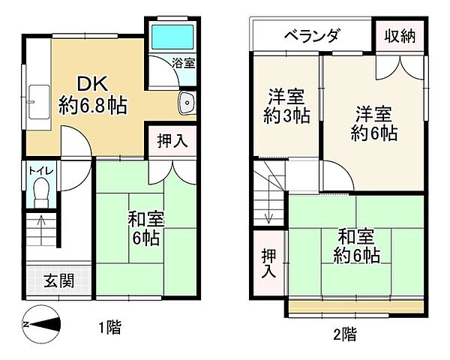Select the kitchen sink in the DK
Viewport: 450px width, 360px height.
point(38,98)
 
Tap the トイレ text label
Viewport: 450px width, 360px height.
point(40,169)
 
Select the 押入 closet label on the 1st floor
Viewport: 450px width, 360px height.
point(172,139)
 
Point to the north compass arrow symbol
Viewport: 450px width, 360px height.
point(45,324)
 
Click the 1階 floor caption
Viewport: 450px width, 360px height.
point(109,327)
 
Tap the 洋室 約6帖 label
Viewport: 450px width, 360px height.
point(373,123)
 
